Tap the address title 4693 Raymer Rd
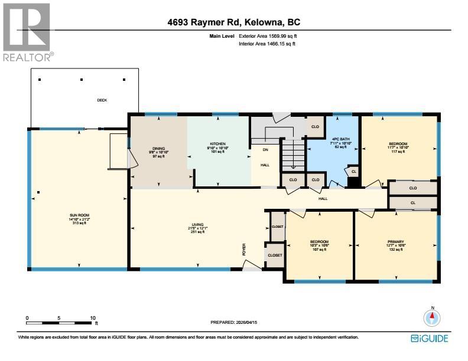click(234, 23)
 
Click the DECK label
click(102, 100)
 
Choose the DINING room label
click(158, 149)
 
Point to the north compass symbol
click(433, 318)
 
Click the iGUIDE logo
click(430, 338)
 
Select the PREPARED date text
click(234, 322)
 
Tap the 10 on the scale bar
click(93, 318)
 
